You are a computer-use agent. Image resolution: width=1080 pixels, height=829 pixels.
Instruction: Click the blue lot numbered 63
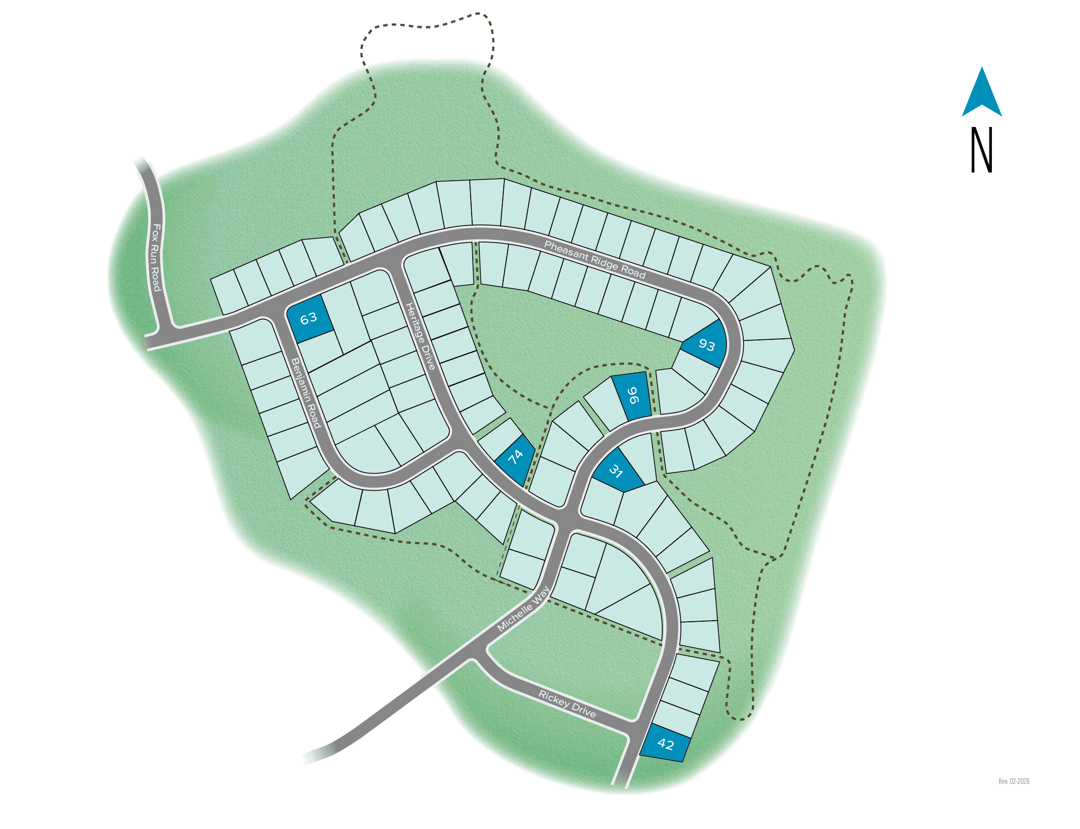(x=309, y=318)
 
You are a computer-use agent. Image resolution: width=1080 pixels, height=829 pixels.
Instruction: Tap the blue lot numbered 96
(x=632, y=395)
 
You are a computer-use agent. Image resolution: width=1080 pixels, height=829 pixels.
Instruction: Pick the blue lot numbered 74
(x=516, y=459)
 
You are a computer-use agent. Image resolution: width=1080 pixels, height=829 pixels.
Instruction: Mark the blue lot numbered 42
(x=665, y=744)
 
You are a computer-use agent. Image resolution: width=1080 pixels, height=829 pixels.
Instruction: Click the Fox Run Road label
(x=155, y=257)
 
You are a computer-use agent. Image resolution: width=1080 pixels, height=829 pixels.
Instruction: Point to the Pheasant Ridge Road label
(x=594, y=260)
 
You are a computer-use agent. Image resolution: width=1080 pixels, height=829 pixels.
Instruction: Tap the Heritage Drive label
(x=420, y=336)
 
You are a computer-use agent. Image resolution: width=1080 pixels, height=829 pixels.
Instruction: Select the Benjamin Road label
(x=306, y=393)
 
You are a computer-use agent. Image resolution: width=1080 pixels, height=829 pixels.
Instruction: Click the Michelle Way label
(x=523, y=609)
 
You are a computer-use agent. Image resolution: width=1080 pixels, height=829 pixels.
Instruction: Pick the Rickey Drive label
(x=567, y=704)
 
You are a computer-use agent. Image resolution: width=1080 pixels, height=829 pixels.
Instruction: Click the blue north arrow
(x=982, y=93)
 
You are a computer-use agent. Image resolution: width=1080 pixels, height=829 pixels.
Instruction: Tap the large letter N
(x=982, y=150)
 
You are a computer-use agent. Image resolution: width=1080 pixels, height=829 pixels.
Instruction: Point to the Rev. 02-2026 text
(x=1014, y=781)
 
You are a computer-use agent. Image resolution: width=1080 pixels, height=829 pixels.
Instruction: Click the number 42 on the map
(x=665, y=745)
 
